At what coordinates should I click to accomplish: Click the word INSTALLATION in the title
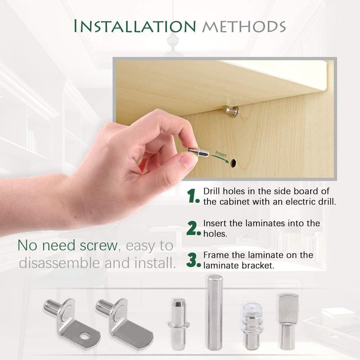[x=135, y=26]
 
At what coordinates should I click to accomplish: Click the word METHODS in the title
[x=244, y=27]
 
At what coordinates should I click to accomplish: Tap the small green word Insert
[x=221, y=154]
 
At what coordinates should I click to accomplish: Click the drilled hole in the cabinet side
[x=234, y=163]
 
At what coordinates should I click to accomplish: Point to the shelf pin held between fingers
[x=198, y=152]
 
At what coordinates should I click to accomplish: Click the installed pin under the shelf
[x=232, y=111]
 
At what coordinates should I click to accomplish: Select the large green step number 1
[x=193, y=196]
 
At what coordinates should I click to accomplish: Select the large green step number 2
[x=193, y=228]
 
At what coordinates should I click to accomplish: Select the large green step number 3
[x=193, y=260]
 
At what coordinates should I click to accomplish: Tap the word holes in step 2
[x=215, y=234]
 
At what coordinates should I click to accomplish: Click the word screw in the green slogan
[x=99, y=245]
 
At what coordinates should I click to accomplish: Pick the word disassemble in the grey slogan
[x=59, y=263]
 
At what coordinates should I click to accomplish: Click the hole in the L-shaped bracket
[x=85, y=336]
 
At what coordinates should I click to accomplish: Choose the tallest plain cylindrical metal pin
[x=215, y=312]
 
